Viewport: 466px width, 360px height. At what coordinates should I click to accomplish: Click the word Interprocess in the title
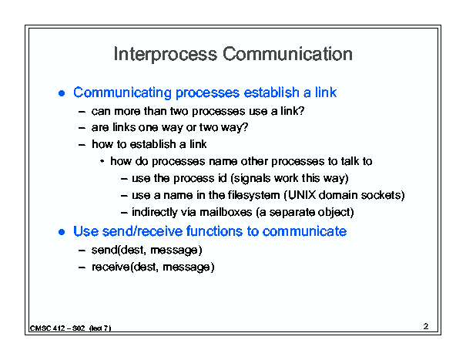click(x=166, y=55)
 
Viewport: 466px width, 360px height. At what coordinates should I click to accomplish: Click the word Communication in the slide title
click(x=287, y=54)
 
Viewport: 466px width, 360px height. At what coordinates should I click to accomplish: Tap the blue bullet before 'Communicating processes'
click(x=62, y=93)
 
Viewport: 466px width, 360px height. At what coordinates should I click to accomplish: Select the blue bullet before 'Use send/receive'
click(x=62, y=232)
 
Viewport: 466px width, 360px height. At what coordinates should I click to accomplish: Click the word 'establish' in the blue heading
click(x=271, y=93)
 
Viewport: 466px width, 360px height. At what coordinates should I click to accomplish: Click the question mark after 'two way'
click(x=244, y=127)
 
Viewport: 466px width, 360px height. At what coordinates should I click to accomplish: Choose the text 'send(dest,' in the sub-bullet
click(x=119, y=250)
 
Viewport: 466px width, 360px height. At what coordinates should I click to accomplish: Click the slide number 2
click(x=426, y=326)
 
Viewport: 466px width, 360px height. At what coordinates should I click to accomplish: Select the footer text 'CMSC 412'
click(x=48, y=328)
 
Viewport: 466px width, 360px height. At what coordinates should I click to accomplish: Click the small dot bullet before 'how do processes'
click(x=102, y=162)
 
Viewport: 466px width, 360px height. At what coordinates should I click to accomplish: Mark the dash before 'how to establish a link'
click(x=82, y=145)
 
